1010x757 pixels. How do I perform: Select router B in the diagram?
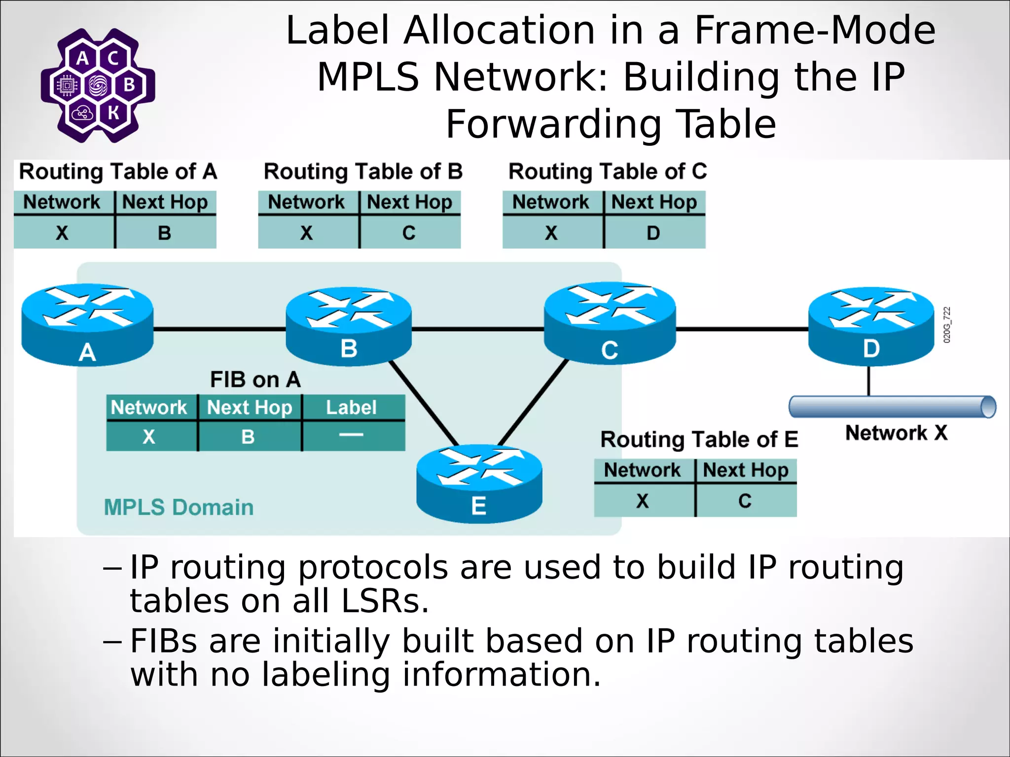click(349, 327)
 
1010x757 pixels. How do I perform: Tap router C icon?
click(610, 323)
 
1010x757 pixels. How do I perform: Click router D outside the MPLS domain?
click(871, 326)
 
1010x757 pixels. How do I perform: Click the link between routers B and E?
click(424, 403)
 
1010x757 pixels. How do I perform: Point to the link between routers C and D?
click(742, 329)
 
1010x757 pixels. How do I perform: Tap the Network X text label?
click(896, 433)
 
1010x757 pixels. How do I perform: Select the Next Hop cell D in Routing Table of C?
click(653, 233)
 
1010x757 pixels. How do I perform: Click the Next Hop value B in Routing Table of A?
click(165, 233)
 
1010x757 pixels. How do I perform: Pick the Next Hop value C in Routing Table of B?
click(409, 233)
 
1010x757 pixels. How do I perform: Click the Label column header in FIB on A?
click(351, 408)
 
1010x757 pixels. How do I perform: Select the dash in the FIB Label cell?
click(351, 435)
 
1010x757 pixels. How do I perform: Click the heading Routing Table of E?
click(699, 439)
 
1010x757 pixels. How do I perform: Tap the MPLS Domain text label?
click(179, 507)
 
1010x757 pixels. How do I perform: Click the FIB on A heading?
click(255, 379)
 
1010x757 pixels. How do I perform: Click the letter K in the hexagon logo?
click(113, 113)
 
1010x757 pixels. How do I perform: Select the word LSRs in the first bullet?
click(385, 602)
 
